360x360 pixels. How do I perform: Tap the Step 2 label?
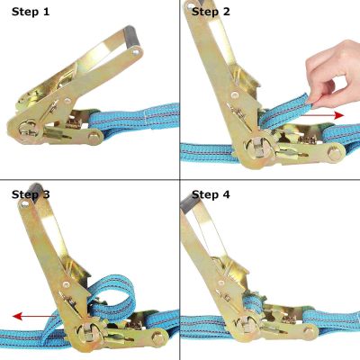click(211, 13)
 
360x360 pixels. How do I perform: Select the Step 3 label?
click(31, 193)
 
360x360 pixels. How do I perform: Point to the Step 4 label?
click(211, 193)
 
